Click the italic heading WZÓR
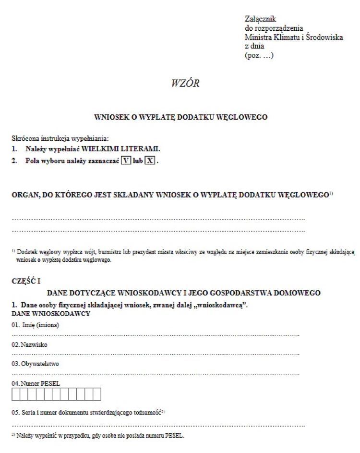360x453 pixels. pos(185,84)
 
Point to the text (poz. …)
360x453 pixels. pos(259,55)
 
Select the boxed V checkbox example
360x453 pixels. pos(126,161)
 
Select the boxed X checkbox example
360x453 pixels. pos(150,161)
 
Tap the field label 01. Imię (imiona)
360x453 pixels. pos(36,325)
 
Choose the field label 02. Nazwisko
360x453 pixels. pos(30,344)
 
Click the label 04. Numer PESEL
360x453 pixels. pos(36,383)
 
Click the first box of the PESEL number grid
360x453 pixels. pos(16,394)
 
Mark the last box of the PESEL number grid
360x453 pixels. pos(97,394)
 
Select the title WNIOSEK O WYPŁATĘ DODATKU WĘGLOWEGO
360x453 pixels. pos(180,117)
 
